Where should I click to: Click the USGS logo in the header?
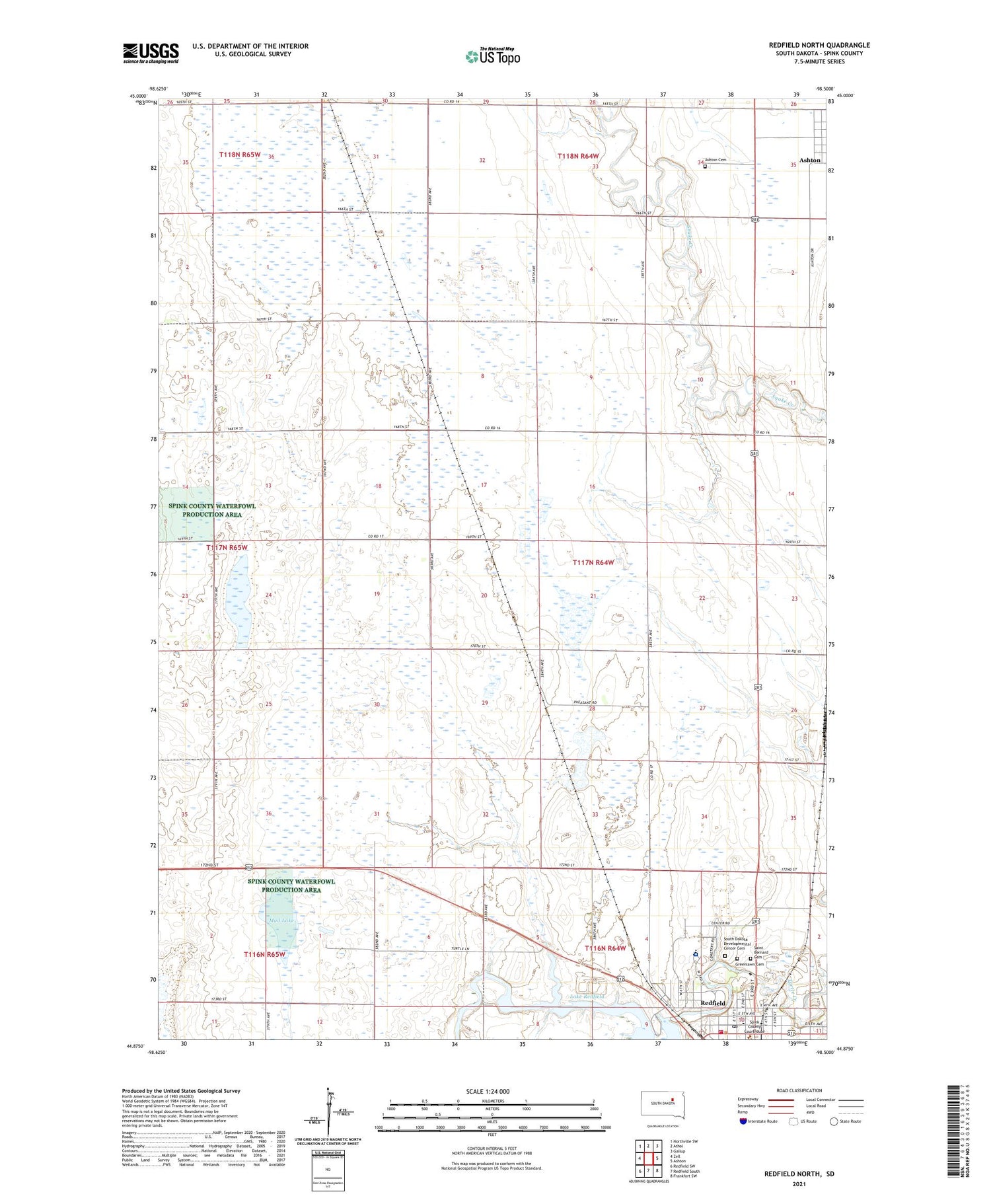coord(151,53)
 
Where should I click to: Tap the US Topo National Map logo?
coord(493,57)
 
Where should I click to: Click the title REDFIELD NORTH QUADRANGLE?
coord(819,45)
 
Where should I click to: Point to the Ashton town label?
coord(809,160)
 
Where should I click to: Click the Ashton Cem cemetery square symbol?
coord(705,167)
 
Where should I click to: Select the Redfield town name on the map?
coord(713,1003)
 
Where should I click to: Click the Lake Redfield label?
coord(586,996)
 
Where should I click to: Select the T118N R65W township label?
coord(240,155)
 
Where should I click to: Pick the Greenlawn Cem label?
coord(750,964)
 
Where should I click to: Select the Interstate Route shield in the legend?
coord(743,1121)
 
